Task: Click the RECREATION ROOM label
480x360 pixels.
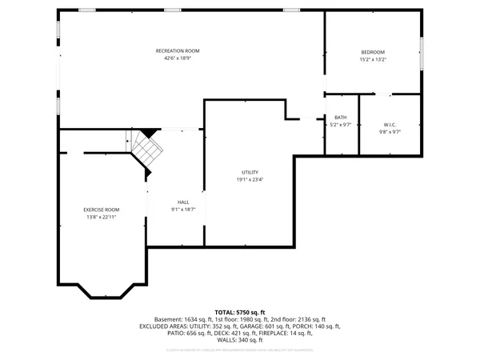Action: click(x=177, y=51)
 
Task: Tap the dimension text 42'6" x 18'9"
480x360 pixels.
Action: click(x=177, y=58)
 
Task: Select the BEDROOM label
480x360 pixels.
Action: click(x=373, y=52)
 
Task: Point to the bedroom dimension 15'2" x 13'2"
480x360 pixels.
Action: click(x=373, y=59)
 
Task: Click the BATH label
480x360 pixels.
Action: click(x=340, y=118)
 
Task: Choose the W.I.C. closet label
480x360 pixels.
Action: click(x=390, y=124)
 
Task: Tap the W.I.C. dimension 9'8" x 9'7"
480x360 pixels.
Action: click(x=390, y=131)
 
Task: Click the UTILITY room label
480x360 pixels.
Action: click(x=250, y=173)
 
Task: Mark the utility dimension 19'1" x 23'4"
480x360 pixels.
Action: click(x=250, y=180)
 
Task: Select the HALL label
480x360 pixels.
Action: click(x=183, y=202)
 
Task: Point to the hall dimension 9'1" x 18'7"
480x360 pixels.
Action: click(x=183, y=210)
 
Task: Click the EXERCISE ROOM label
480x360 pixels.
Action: click(x=101, y=210)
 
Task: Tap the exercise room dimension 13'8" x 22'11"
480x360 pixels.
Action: click(x=101, y=217)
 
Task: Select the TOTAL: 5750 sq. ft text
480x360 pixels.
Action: click(x=240, y=312)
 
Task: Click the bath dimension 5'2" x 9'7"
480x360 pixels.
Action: click(x=340, y=125)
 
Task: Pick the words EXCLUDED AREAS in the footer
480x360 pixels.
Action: click(x=165, y=326)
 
